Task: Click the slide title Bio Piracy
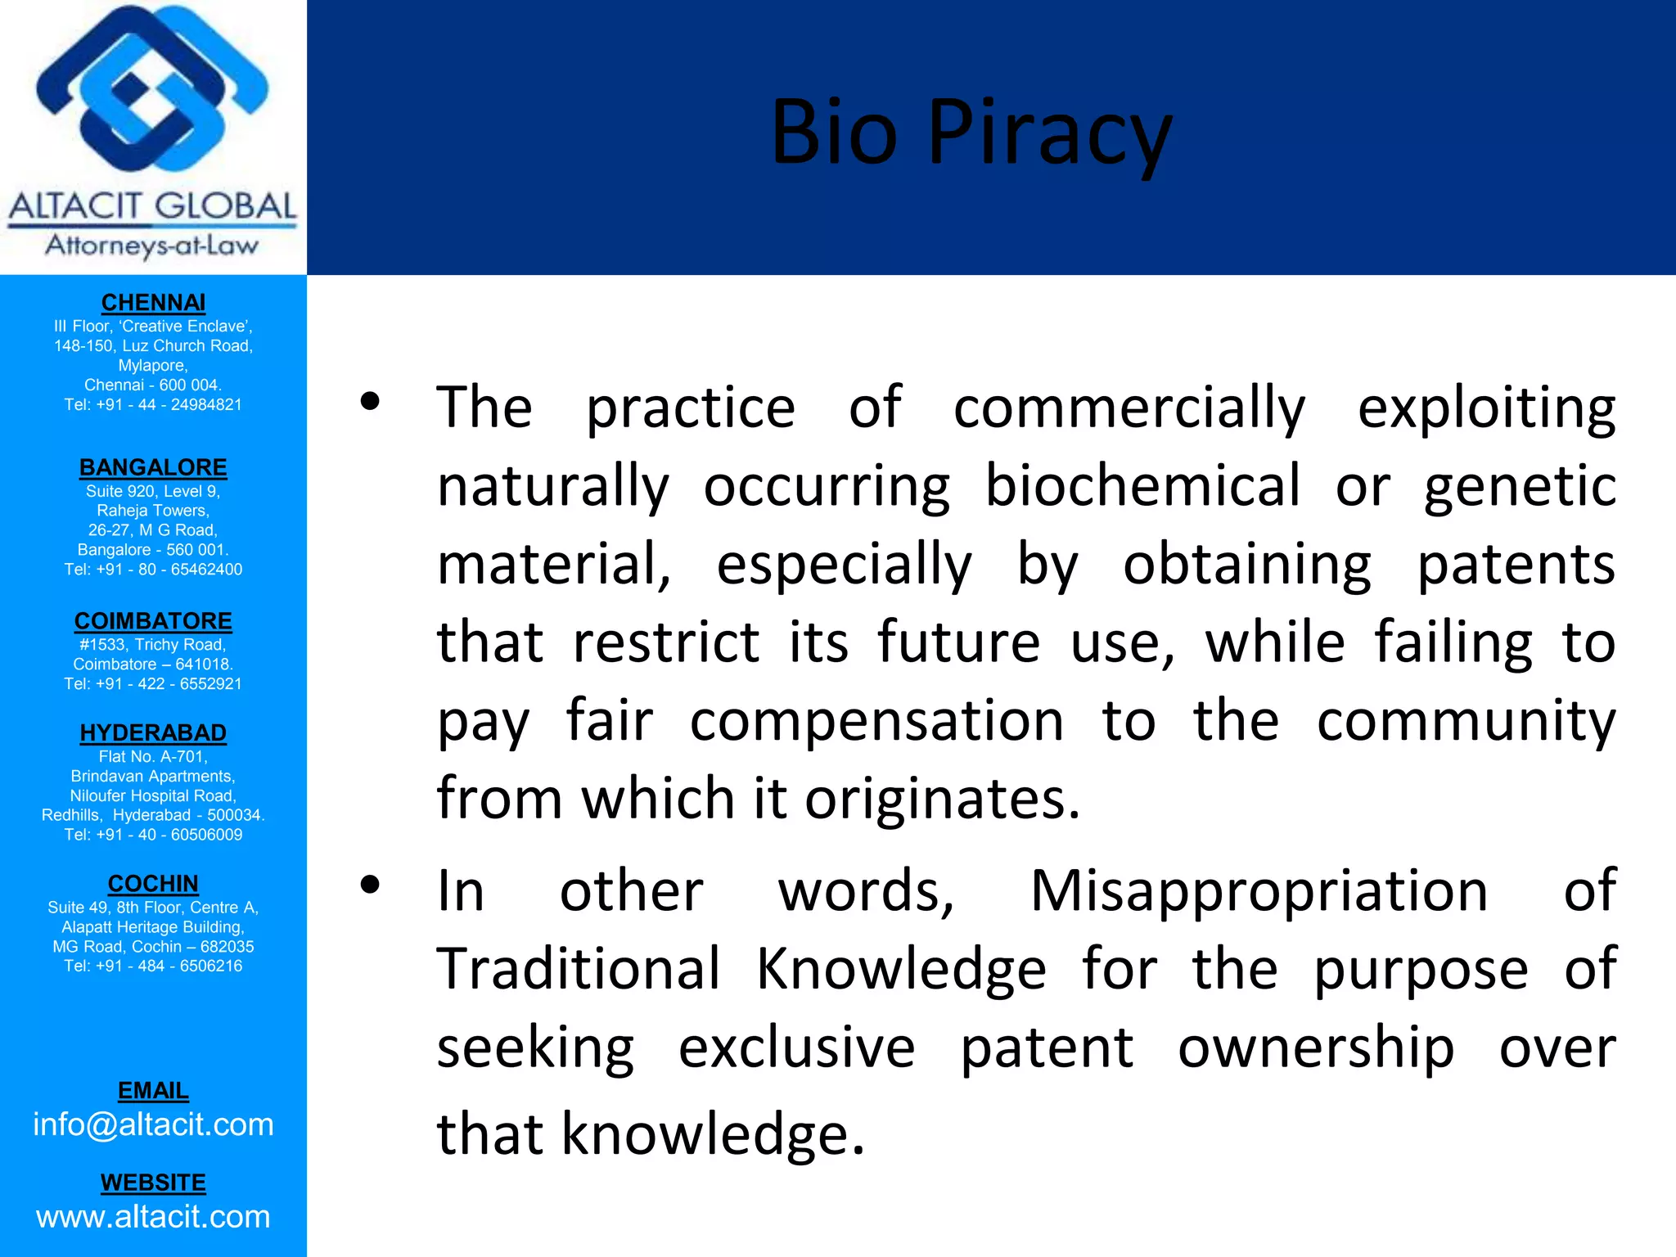[x=971, y=133]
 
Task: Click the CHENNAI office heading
[x=153, y=303]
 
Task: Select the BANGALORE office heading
[x=153, y=467]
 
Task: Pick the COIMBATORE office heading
[x=153, y=621]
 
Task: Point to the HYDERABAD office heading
[x=153, y=732]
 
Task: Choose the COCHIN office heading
[x=153, y=884]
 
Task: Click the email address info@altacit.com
[x=153, y=1125]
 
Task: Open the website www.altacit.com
[x=153, y=1217]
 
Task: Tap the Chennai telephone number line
[x=153, y=405]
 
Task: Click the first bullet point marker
[x=370, y=402]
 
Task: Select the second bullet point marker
[x=370, y=885]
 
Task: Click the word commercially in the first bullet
[x=1129, y=408]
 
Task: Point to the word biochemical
[x=1142, y=486]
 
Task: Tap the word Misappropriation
[x=1259, y=891]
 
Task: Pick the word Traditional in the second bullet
[x=579, y=969]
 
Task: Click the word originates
[x=941, y=799]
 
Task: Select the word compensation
[x=876, y=721]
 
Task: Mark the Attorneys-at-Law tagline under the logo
[x=152, y=246]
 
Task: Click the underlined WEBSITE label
[x=153, y=1183]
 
